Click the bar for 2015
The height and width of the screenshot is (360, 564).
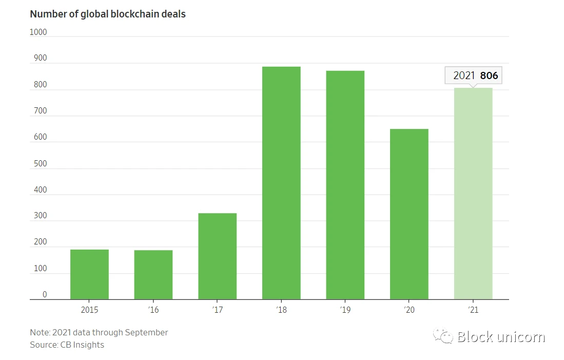[89, 274]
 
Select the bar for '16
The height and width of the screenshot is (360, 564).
[153, 275]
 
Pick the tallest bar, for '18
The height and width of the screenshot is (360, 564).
[281, 183]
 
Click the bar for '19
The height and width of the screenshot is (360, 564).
[345, 185]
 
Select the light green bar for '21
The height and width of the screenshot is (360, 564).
[473, 194]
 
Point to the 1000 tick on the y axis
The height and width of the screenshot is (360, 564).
[38, 32]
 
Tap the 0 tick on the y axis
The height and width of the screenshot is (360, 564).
[45, 295]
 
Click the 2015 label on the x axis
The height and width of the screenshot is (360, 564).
[89, 310]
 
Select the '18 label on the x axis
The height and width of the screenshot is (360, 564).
[281, 310]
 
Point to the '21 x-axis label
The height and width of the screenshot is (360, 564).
[473, 310]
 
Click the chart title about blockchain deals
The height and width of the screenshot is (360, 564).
[108, 14]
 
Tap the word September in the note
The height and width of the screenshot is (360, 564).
[146, 332]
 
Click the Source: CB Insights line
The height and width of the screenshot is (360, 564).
[67, 345]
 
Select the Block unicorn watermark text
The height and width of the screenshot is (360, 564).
[501, 337]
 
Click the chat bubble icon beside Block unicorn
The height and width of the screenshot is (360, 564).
[443, 336]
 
